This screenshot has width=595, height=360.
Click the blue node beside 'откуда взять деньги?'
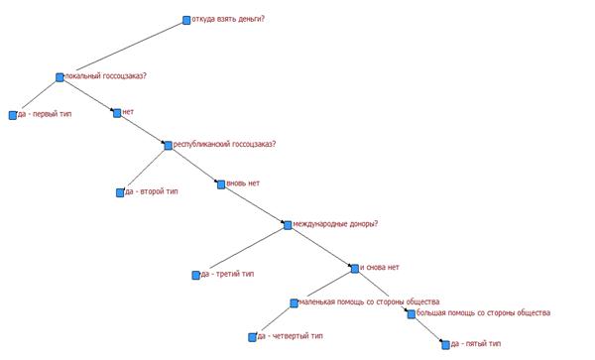tap(186, 20)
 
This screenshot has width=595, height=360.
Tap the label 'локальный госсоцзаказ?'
tap(106, 76)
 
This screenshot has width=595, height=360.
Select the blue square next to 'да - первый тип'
tap(13, 115)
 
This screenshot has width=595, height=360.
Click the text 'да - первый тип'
tap(45, 114)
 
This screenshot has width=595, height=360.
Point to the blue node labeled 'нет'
tap(117, 113)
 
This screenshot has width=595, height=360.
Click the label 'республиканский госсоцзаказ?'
tap(225, 145)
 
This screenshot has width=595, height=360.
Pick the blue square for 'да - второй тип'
tap(120, 192)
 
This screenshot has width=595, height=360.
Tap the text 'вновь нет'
tap(243, 183)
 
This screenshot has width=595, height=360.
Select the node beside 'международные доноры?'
tap(288, 225)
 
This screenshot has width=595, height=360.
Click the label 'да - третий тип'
tap(228, 274)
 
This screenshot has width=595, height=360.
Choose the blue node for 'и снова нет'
tap(355, 269)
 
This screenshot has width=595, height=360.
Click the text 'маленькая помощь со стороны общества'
tap(370, 301)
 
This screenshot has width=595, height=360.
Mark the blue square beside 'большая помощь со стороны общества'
tap(412, 314)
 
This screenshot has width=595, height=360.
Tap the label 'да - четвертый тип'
tap(291, 336)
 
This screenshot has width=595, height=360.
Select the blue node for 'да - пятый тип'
tap(446, 345)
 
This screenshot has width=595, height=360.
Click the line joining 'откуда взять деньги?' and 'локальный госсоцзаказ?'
tap(130, 47)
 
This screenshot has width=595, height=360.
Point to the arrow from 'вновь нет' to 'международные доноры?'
tap(254, 205)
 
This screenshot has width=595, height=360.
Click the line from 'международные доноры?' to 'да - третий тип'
tap(247, 249)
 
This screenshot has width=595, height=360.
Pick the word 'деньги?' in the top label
tap(251, 19)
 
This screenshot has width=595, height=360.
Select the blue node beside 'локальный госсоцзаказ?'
tap(59, 77)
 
